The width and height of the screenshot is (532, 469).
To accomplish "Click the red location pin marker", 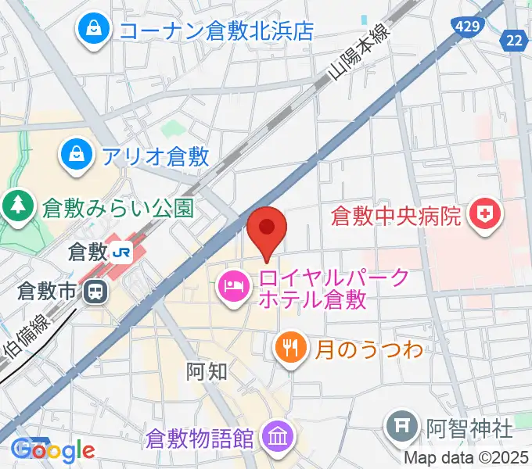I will pos(267,229).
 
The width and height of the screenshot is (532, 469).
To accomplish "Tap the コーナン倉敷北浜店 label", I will pos(216,30).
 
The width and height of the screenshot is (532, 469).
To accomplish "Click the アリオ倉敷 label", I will pos(155,156).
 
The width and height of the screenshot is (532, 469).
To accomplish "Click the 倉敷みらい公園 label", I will pos(118,208).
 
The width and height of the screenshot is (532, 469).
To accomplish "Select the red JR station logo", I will pos(121,252).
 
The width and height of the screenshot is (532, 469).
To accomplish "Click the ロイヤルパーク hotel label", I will pos(333,287).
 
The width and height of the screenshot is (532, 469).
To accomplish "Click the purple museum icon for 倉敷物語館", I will pos(277,434).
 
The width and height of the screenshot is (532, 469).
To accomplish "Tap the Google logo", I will pos(53,449).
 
